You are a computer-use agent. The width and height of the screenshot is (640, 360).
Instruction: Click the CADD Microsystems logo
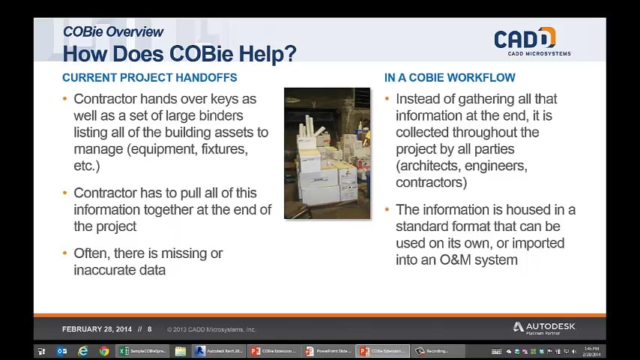click(532, 40)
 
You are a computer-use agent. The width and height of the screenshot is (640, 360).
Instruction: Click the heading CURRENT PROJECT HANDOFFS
click(149, 77)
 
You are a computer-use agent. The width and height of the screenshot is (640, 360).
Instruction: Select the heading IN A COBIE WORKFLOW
click(450, 77)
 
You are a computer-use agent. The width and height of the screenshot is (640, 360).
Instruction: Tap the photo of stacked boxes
click(327, 153)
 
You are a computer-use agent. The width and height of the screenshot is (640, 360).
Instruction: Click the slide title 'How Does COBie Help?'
click(179, 54)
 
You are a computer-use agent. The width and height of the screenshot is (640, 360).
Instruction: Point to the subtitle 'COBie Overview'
click(112, 32)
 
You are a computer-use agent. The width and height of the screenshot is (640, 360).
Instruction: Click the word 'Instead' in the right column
click(418, 99)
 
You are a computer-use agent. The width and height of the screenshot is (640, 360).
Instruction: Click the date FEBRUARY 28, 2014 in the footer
click(97, 329)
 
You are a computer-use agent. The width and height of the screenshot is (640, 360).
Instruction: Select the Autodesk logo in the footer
click(544, 328)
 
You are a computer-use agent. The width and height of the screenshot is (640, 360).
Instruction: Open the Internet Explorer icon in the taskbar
click(83, 351)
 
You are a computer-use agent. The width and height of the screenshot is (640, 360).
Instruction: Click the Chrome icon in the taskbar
click(104, 351)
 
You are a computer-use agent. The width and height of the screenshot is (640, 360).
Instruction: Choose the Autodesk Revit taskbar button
click(218, 351)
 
